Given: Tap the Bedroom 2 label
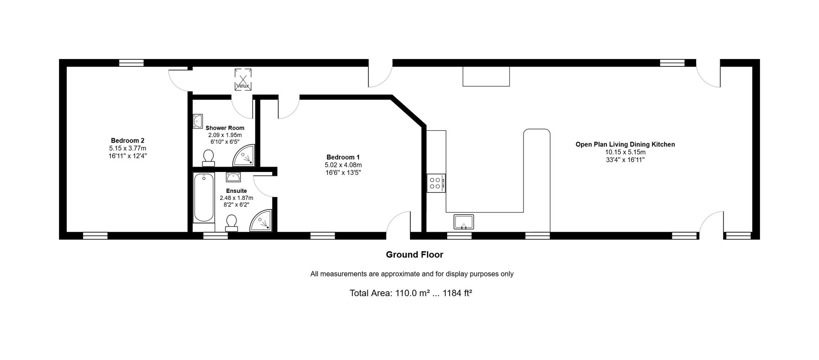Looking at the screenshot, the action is click(127, 140).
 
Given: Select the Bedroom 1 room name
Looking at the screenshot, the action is click(343, 157).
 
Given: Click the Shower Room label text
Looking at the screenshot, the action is click(225, 128).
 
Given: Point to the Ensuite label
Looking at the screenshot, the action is click(236, 191).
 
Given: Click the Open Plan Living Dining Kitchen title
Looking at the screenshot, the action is click(625, 144).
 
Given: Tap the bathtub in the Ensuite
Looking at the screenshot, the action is click(204, 198).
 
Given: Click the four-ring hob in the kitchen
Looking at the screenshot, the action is click(436, 183).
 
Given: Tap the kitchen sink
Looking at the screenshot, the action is click(464, 222).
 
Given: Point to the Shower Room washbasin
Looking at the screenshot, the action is click(198, 121).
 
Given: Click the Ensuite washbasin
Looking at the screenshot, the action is click(233, 177).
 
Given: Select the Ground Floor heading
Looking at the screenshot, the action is click(414, 255).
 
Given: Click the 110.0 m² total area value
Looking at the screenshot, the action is click(412, 293).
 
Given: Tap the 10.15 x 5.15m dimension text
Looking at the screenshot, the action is click(625, 152).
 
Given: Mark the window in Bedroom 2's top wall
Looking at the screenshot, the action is click(131, 63).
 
